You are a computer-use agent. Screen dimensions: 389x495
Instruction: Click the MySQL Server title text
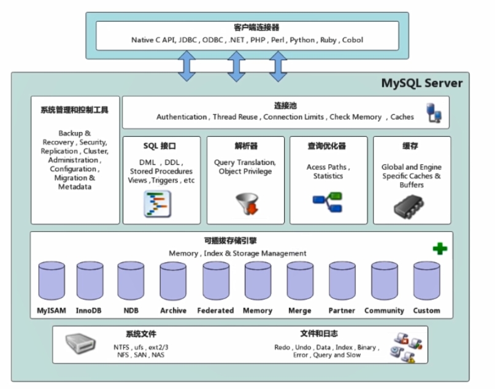tap(422, 83)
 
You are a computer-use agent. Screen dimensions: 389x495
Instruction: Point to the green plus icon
tap(440, 248)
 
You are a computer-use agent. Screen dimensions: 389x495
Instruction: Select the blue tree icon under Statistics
tap(328, 202)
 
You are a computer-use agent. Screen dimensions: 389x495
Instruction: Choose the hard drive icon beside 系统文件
tap(81, 343)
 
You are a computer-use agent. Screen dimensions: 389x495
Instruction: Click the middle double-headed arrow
tap(236, 66)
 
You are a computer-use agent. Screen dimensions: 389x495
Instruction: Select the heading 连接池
tap(285, 105)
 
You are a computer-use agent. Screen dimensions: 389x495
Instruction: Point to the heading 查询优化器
tap(328, 146)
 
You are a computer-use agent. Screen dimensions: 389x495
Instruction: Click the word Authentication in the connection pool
tap(182, 117)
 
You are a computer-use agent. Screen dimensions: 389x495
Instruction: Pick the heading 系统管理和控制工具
tap(74, 110)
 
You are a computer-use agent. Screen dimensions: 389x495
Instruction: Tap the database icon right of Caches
tap(434, 114)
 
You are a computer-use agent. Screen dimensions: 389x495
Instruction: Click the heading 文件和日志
tap(319, 334)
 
